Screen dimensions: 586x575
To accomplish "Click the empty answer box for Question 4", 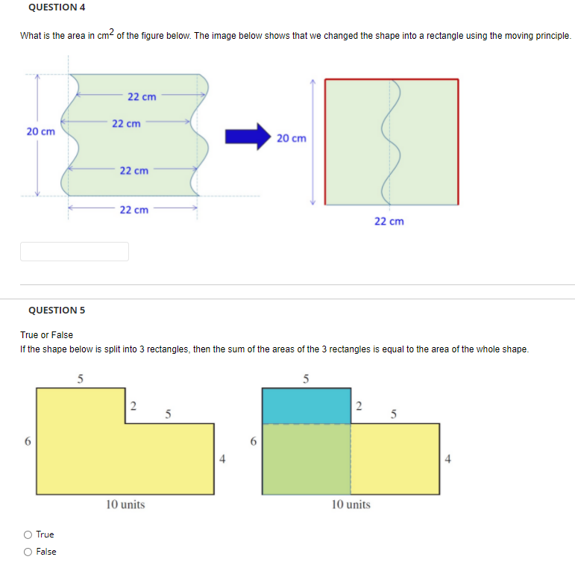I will tap(75, 252).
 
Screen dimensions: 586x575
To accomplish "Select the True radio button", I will tap(28, 534).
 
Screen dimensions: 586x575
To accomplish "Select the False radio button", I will tap(28, 552).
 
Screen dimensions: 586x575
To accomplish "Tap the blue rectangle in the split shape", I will tap(306, 406).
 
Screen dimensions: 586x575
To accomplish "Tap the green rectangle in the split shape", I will tap(306, 458).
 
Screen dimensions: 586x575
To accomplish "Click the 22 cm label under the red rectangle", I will tap(389, 222).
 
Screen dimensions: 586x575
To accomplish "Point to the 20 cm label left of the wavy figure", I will tap(40, 131).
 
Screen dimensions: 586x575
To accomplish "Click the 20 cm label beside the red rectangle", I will tap(291, 138).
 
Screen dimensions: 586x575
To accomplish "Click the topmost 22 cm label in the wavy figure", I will tap(142, 96).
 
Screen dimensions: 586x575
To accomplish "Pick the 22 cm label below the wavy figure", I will tap(133, 210).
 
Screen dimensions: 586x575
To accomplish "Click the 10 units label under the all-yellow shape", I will tap(125, 505).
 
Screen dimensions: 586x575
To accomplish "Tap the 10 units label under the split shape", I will tap(351, 505).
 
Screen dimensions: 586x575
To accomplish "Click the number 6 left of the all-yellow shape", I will tap(28, 441).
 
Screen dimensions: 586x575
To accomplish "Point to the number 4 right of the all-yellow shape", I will tap(222, 459).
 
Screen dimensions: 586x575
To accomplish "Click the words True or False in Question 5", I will tap(47, 335).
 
